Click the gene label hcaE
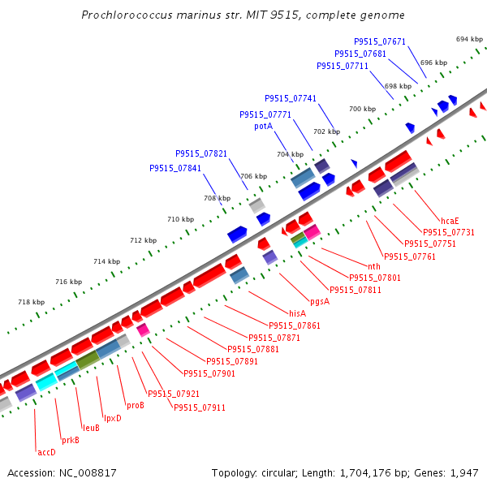click(450, 221)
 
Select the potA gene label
click(263, 127)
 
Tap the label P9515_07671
click(380, 41)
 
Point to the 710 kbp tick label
click(180, 219)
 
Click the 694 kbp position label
click(469, 39)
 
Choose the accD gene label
click(46, 452)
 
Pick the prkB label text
click(71, 441)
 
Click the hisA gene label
click(298, 313)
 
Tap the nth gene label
click(373, 266)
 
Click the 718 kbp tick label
click(31, 303)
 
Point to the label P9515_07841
click(175, 169)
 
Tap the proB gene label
click(135, 405)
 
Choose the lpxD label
click(112, 418)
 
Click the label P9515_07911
click(200, 407)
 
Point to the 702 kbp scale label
click(326, 131)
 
